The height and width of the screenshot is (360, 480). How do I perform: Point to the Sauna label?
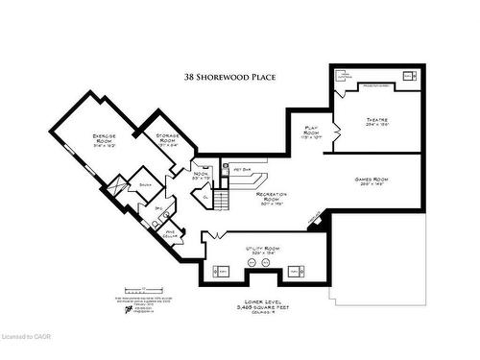[x=146, y=184]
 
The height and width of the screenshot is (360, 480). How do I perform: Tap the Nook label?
[x=200, y=175]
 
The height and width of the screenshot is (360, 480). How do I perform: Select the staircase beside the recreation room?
[x=222, y=200]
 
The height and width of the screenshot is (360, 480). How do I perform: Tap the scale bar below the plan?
[x=142, y=288]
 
